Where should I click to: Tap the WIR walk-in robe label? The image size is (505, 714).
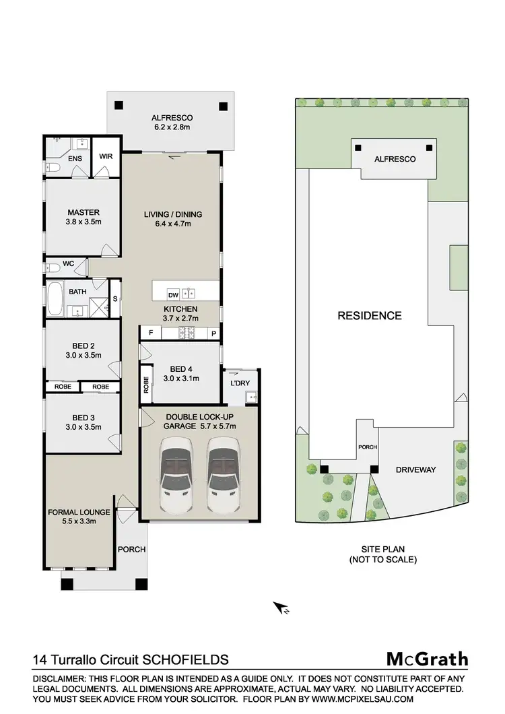tap(106, 157)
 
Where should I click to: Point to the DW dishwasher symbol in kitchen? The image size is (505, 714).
tap(172, 294)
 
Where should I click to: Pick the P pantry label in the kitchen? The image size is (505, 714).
tap(212, 333)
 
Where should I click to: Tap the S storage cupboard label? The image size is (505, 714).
tap(114, 298)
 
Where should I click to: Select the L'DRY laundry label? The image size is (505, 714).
tap(240, 383)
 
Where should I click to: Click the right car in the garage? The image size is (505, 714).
tap(223, 474)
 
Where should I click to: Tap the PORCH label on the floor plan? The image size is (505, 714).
tap(132, 549)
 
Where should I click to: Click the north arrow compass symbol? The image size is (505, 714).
tap(280, 608)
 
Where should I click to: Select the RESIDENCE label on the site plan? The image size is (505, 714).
tap(370, 315)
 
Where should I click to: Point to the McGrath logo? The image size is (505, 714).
tap(426, 659)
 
